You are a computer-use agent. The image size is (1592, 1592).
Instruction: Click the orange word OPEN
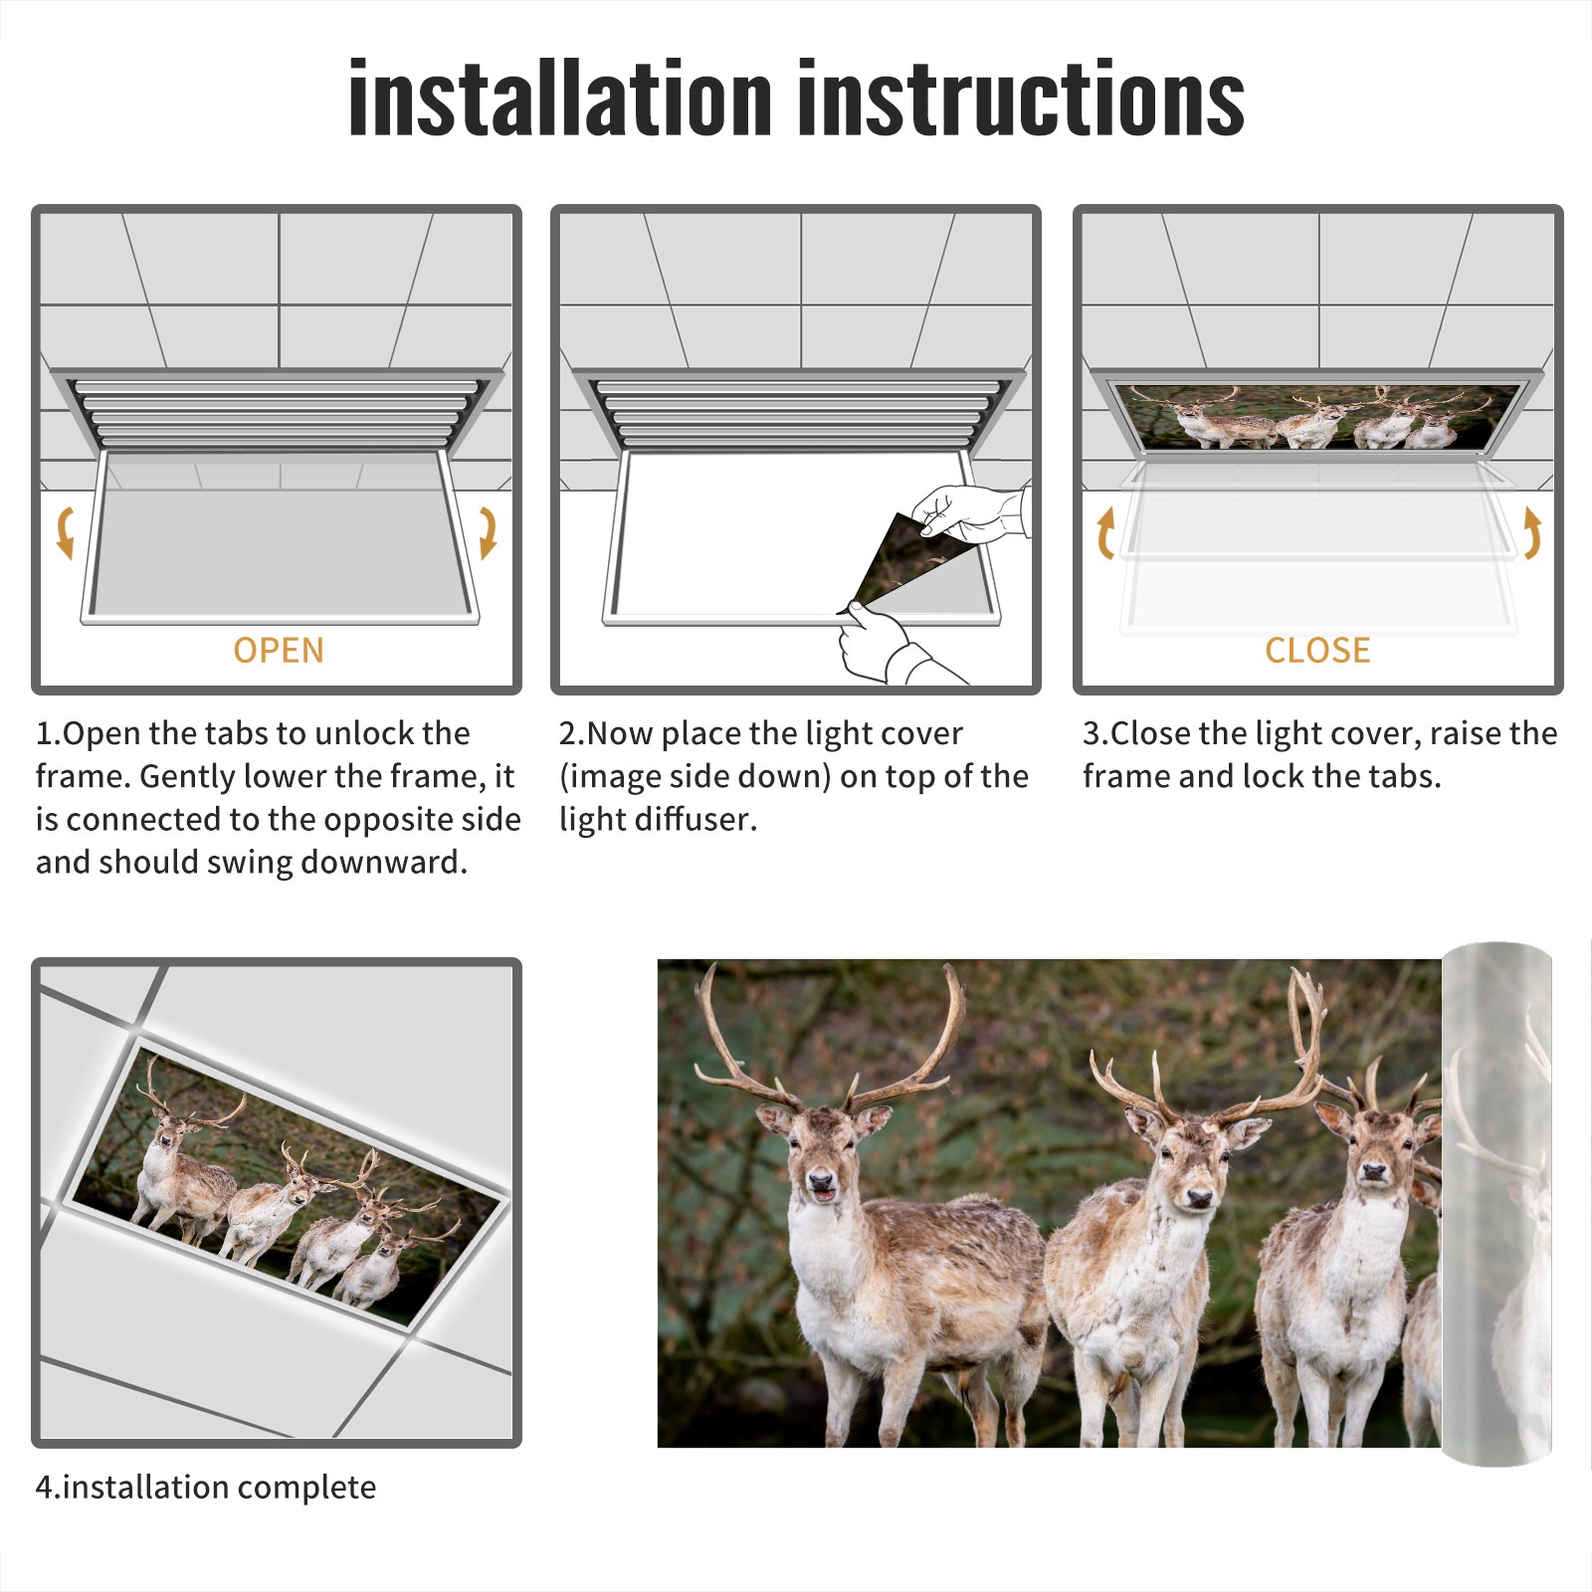pos(279,650)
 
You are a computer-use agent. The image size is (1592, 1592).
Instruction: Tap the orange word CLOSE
pos(1317,650)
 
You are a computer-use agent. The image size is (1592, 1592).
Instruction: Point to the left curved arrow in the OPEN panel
pos(65,532)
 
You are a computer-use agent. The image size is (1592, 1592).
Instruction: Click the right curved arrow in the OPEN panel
pos(488,532)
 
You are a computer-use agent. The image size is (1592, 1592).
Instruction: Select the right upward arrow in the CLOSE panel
pos(1531,532)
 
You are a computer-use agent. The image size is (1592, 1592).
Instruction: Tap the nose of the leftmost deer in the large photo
pos(822,1182)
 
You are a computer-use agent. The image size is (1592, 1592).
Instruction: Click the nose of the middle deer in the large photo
pos(1199,1199)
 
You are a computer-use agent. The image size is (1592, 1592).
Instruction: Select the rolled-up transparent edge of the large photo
pos(1496,1204)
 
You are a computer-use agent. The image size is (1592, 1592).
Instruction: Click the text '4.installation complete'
pos(206,1488)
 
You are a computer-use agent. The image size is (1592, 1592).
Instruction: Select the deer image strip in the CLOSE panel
pos(1317,416)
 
